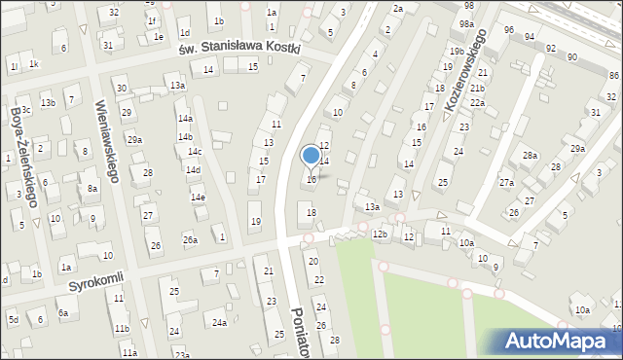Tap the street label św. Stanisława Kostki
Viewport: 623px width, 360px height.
239,48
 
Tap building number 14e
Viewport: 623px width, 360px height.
198,198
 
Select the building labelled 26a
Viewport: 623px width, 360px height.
191,240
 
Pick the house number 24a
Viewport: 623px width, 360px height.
221,323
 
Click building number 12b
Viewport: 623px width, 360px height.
380,234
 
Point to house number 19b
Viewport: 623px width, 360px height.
457,52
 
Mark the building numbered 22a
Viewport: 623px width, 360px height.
477,103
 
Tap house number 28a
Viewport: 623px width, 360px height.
530,156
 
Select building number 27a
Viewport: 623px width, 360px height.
506,183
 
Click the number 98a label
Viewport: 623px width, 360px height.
467,24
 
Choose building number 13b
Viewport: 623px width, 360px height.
48,103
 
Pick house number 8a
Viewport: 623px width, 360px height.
92,189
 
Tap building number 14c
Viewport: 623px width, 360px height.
195,152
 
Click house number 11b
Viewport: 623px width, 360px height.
122,330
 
